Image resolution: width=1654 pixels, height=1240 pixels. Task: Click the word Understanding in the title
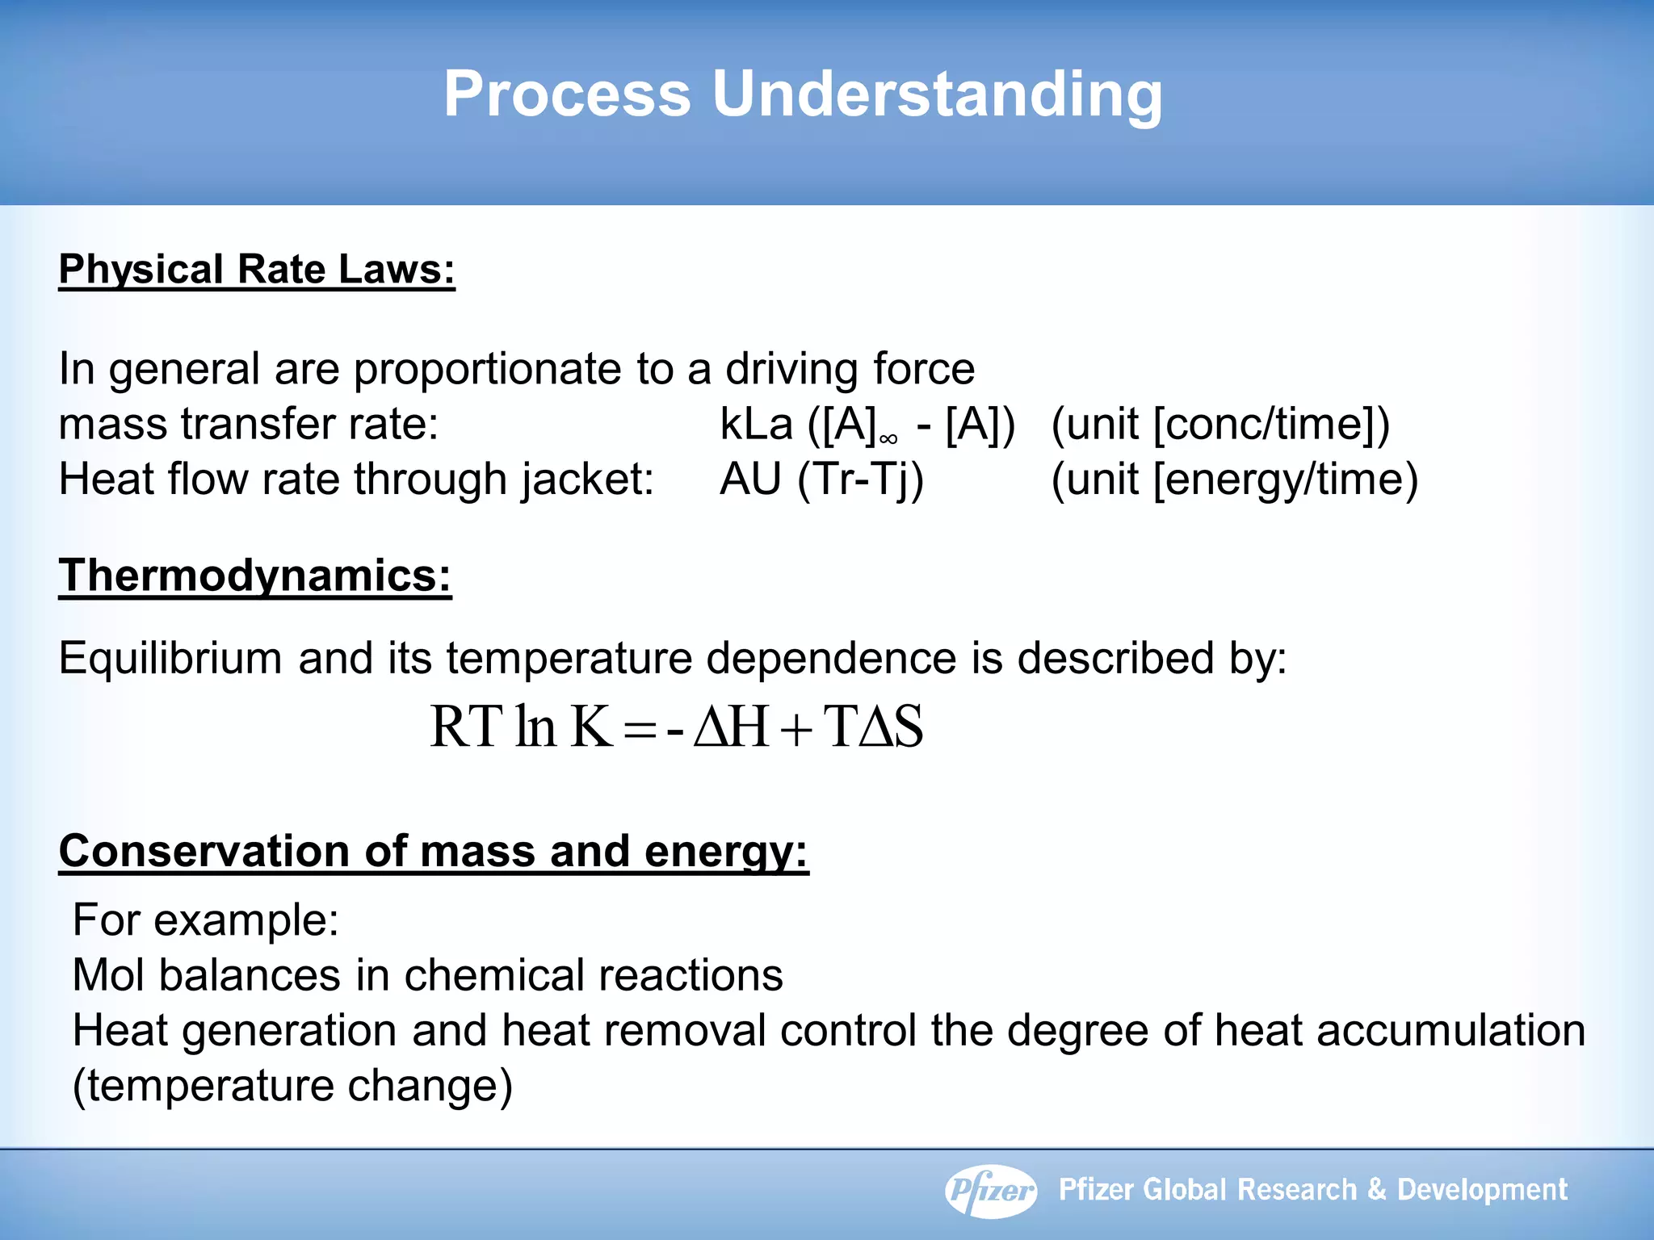point(937,94)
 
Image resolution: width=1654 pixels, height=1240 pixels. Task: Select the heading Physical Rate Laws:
point(257,270)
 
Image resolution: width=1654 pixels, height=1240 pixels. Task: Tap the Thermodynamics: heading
point(254,576)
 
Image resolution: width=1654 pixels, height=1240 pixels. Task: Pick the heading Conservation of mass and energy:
point(433,851)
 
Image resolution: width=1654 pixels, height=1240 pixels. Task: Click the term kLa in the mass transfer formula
point(756,424)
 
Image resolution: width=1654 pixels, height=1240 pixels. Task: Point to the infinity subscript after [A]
point(888,439)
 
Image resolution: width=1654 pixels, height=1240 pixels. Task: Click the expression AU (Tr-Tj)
point(821,480)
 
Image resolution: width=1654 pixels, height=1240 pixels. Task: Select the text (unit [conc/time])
point(1220,424)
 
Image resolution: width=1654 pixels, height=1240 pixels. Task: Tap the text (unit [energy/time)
point(1234,480)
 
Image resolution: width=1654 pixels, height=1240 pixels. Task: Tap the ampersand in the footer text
point(1377,1190)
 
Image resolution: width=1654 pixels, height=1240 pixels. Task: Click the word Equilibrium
point(170,658)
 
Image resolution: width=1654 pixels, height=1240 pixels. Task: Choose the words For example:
point(205,920)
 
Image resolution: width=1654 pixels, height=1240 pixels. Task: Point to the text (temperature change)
point(292,1086)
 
